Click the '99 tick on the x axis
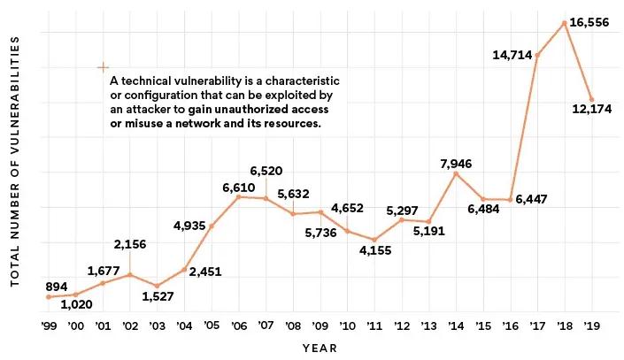click(48, 326)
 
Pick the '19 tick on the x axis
click(591, 326)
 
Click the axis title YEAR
click(320, 348)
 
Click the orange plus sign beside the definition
click(103, 67)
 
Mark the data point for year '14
click(455, 173)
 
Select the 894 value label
click(33, 285)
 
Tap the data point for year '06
click(238, 196)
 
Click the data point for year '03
click(157, 286)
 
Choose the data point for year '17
click(537, 55)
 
